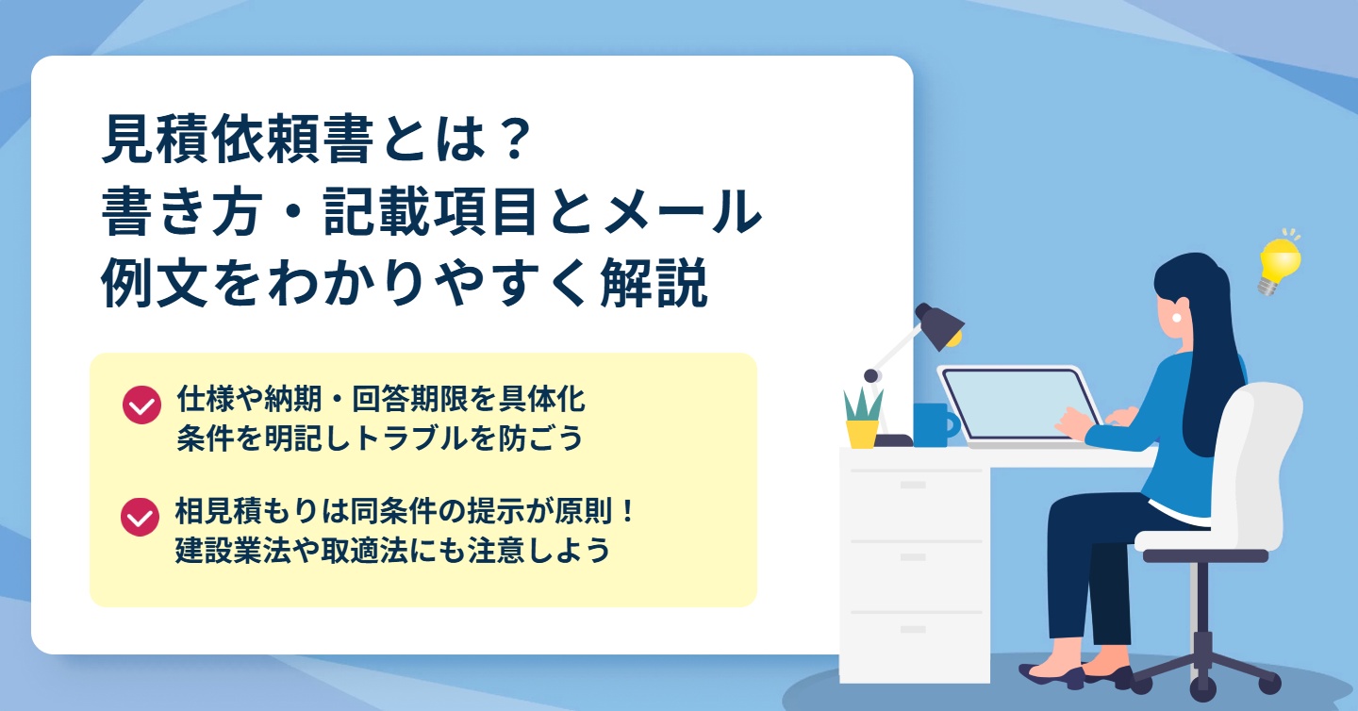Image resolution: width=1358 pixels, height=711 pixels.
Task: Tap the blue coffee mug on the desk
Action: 935,425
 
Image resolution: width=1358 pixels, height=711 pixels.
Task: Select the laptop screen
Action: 1018,404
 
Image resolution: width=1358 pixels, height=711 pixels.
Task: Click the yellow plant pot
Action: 862,434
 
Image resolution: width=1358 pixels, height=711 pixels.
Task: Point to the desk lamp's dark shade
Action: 938,326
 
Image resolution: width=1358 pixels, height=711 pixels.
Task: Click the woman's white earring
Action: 1177,318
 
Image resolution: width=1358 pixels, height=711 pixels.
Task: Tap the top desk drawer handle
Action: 913,485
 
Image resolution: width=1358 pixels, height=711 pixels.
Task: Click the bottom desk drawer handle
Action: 913,629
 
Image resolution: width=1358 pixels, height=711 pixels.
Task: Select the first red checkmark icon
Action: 141,405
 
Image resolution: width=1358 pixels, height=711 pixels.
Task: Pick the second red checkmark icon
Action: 140,517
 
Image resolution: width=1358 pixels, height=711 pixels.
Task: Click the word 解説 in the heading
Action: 654,283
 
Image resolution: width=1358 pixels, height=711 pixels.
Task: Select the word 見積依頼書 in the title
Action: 237,140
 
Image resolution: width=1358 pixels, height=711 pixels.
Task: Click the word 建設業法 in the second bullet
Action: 233,551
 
